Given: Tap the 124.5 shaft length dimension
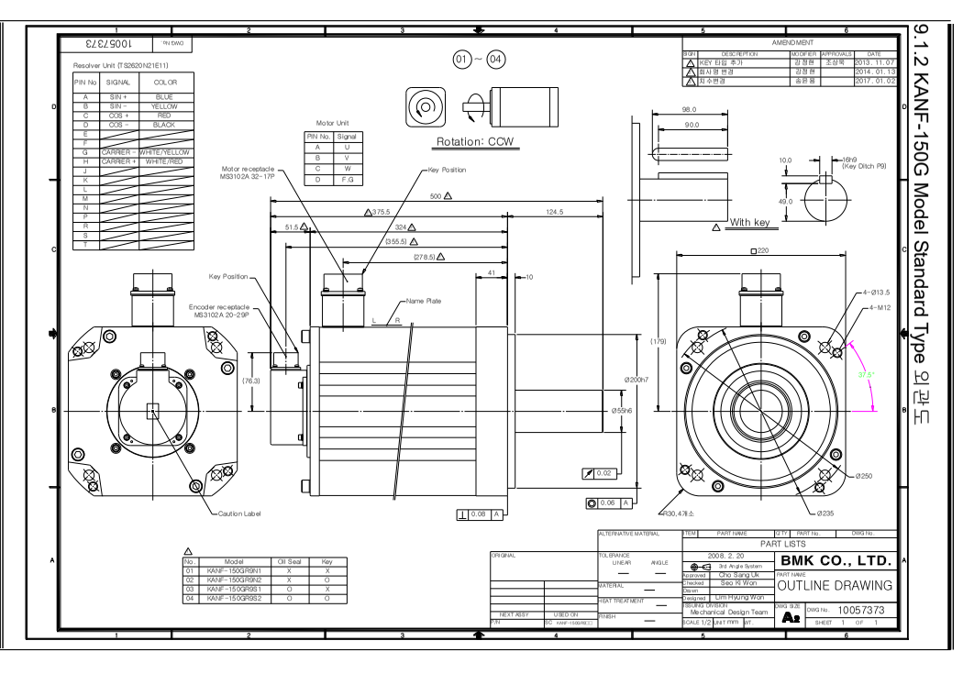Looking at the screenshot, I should [555, 212].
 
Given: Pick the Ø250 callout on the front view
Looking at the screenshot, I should [863, 476].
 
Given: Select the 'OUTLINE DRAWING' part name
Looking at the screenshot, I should [835, 585].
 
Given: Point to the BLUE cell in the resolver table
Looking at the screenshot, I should [165, 96].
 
